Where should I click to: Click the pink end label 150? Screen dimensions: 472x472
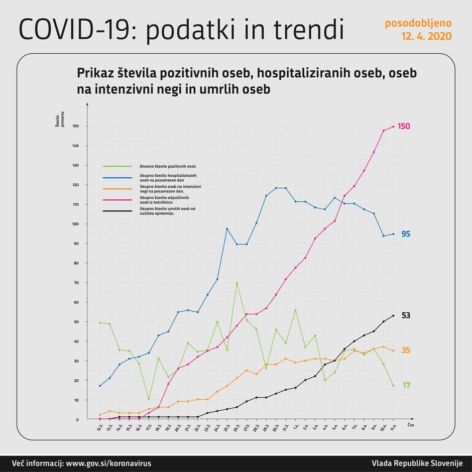tap(404, 126)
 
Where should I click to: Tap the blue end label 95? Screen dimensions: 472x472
tap(406, 234)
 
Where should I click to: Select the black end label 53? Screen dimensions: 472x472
tap(406, 315)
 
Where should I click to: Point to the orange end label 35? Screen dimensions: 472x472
tap(406, 350)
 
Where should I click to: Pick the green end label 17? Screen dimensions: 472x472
tap(406, 385)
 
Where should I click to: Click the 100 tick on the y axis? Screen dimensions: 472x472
tap(76, 224)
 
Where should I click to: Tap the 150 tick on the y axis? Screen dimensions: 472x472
tap(76, 126)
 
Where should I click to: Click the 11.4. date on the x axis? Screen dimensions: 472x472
tap(392, 427)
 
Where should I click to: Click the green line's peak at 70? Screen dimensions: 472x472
tap(237, 283)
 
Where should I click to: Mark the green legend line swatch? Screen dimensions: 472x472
tap(117, 166)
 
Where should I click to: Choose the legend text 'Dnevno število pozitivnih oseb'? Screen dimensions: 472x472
tap(168, 166)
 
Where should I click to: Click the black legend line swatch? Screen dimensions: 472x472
tap(117, 211)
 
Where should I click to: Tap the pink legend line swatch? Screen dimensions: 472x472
tap(117, 200)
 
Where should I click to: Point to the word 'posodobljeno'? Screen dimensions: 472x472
tap(418, 23)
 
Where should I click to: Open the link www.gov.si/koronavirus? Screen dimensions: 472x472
tap(108, 463)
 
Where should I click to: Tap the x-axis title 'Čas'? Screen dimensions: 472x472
tap(410, 424)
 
